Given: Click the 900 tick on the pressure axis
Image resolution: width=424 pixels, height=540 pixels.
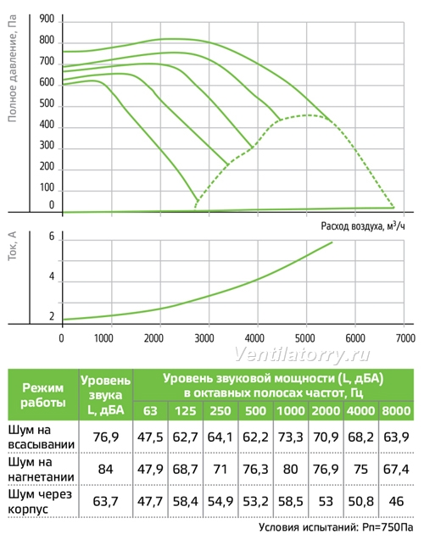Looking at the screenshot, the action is [47, 19].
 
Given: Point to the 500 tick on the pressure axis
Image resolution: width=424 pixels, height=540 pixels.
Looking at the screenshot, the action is [47, 103].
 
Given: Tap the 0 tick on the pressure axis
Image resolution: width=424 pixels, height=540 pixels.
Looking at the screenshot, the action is [52, 205].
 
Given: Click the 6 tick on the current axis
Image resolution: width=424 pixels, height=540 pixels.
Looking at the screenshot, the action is [52, 237].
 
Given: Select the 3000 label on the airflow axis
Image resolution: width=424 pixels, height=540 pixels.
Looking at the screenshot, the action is [204, 338].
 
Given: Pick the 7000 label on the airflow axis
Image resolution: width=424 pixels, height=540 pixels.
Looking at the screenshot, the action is [405, 338].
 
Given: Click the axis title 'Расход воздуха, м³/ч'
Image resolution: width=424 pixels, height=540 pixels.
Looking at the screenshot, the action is [363, 225].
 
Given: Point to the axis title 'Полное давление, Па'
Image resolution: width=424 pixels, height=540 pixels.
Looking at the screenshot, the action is [12, 69].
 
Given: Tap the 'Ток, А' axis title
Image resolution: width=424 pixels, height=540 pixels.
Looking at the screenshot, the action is [12, 246].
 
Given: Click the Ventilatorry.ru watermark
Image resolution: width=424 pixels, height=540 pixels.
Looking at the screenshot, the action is [303, 354].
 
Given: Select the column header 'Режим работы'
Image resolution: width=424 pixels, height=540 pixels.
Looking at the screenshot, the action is [43, 395].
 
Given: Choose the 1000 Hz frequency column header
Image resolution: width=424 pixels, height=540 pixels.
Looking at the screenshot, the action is [291, 411].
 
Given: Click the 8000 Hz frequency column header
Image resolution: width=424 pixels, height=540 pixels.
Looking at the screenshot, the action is [396, 411].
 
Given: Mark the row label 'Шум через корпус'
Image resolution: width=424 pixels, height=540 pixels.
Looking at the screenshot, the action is [40, 502].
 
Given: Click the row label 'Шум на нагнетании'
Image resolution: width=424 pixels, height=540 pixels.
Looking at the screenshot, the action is [41, 470].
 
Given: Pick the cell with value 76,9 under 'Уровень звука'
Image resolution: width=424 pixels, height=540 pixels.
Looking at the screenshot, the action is [106, 437].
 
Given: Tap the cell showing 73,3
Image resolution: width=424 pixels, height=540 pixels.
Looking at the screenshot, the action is [290, 437].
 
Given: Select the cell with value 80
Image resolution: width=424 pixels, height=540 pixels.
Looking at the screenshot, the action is [290, 470].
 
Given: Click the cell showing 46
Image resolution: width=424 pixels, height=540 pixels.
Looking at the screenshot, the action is [396, 502].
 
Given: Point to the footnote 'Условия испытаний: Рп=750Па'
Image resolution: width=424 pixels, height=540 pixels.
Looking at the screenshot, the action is [336, 527].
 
